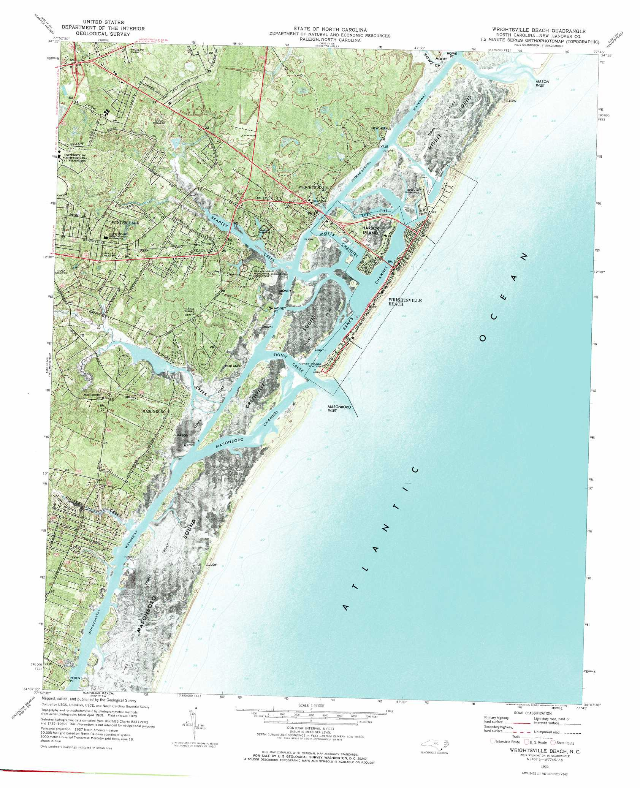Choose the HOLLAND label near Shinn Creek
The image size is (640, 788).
click(x=233, y=366)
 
